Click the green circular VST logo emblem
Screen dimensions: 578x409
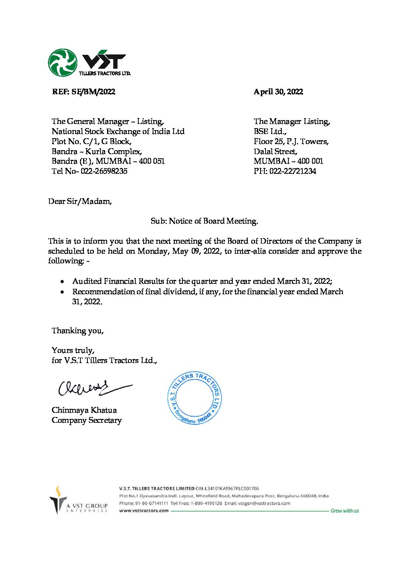(62, 63)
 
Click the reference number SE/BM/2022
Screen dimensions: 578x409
(93, 92)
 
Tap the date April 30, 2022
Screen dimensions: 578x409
(278, 92)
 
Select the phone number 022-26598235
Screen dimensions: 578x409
(104, 171)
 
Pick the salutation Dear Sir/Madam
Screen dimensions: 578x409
(80, 201)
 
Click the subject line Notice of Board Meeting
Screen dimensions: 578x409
(204, 221)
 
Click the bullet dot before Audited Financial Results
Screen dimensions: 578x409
(63, 281)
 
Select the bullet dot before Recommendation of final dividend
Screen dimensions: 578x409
(63, 292)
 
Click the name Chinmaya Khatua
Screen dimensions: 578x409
(84, 410)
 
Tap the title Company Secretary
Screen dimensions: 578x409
(87, 420)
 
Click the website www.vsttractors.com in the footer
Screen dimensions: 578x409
(144, 510)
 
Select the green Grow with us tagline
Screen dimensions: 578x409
(344, 511)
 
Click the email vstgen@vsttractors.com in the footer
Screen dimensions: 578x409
(264, 503)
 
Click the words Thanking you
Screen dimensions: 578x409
(77, 331)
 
